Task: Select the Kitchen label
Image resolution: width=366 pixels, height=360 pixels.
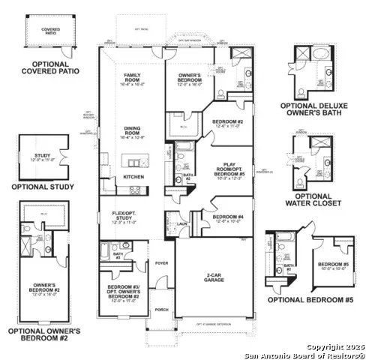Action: [133, 176]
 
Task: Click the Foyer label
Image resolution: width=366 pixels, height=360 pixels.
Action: [161, 264]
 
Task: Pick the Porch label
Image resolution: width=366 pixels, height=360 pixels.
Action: [161, 309]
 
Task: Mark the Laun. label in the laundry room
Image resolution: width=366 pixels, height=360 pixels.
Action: [182, 223]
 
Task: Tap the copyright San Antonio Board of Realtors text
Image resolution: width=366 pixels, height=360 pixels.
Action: [309, 351]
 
